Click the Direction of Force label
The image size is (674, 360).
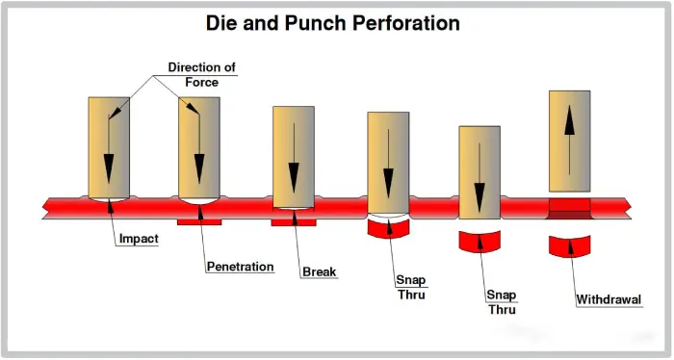[202, 74]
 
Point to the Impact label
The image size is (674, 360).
[139, 239]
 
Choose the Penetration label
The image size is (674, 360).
[240, 267]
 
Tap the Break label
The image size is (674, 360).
[320, 272]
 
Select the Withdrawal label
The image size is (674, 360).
[609, 299]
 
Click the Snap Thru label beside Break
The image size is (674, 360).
[411, 287]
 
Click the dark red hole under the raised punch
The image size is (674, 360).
[569, 205]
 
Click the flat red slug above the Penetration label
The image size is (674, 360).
[200, 222]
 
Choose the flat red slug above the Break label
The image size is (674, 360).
[294, 222]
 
